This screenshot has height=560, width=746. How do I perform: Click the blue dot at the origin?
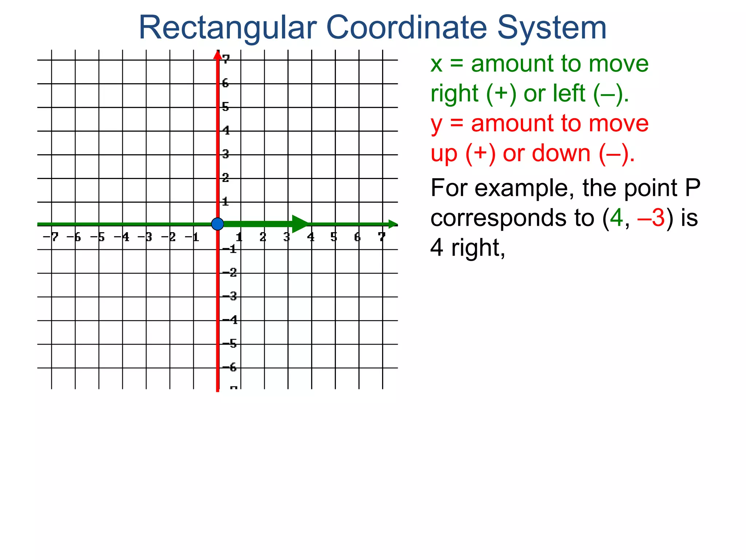pos(217,224)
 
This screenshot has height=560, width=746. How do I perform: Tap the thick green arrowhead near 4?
pos(300,224)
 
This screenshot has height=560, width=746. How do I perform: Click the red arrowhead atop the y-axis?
pos(217,55)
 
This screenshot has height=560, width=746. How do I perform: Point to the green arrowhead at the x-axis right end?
pos(393,224)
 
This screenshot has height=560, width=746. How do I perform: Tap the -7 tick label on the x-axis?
pos(51,237)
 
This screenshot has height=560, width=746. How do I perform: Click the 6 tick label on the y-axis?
pos(225,83)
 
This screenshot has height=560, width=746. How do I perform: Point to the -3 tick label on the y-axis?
pos(230,296)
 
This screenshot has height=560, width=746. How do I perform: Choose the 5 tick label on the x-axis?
pos(334,237)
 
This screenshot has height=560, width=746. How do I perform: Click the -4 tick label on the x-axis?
pos(122,237)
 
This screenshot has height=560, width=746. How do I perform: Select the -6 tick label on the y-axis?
pos(230,367)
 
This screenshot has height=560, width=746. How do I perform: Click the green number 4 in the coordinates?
pos(616,218)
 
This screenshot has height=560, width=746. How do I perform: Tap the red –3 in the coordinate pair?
pos(651,218)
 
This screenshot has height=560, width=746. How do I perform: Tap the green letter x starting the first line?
pos(436,64)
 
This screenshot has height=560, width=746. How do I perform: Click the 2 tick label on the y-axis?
pos(225,178)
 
